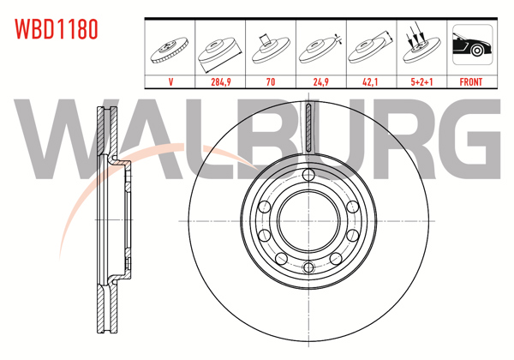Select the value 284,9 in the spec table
point(222,83)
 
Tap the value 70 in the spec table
point(272,83)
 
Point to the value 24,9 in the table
point(321,83)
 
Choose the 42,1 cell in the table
point(371,83)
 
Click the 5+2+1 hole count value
point(421,83)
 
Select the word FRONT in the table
point(471,83)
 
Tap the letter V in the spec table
point(171,83)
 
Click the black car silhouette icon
point(471,47)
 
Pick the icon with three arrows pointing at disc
point(421,47)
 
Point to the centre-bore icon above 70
point(272,47)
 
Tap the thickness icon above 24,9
point(321,47)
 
